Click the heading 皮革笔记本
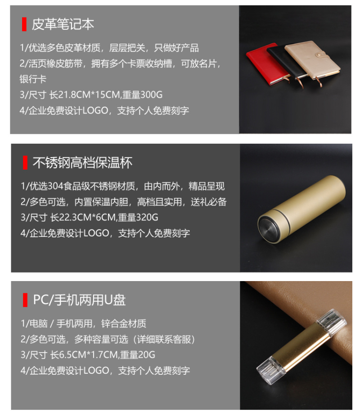point(63,24)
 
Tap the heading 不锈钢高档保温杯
point(82,163)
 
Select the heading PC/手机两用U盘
point(79,300)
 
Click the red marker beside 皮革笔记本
point(24,24)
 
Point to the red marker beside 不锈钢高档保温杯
point(25,163)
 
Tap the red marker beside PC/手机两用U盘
point(25,300)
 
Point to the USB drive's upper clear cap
point(333,322)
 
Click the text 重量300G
point(142,95)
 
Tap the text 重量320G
point(138,217)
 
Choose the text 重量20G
point(137,355)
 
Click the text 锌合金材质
point(124,323)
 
